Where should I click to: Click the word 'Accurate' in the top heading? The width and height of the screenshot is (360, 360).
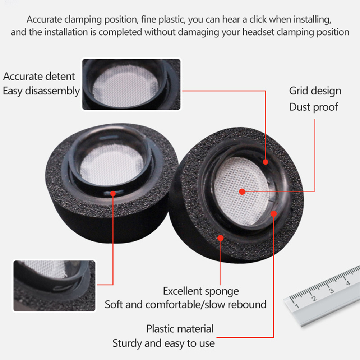coord(45,19)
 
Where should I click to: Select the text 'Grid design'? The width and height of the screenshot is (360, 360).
coord(315,91)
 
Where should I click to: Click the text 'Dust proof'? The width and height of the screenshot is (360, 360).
coord(314,107)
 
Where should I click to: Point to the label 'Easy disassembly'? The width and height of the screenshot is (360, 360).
coord(41,91)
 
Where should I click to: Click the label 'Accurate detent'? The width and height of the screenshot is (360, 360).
coord(39,76)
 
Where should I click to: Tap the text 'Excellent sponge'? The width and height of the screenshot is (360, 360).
coord(201,291)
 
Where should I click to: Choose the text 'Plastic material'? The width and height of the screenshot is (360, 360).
coord(180,328)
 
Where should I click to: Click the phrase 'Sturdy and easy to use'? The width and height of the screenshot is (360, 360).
coord(163,343)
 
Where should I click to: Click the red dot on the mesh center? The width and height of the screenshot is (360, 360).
coord(242,191)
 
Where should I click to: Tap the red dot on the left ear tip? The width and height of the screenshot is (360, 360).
coord(113,194)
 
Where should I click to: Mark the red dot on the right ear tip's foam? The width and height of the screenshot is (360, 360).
coord(220,238)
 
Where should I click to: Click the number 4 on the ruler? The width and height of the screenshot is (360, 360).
coord(348,283)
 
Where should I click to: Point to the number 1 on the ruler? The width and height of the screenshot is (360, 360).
coord(297,306)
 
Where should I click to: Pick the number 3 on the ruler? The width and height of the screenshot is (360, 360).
coord(331,291)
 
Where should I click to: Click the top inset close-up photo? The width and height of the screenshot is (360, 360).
coord(131,84)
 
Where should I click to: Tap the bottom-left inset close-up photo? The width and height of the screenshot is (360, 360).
coord(54,286)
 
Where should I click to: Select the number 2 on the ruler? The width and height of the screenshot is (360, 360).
coord(314,299)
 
